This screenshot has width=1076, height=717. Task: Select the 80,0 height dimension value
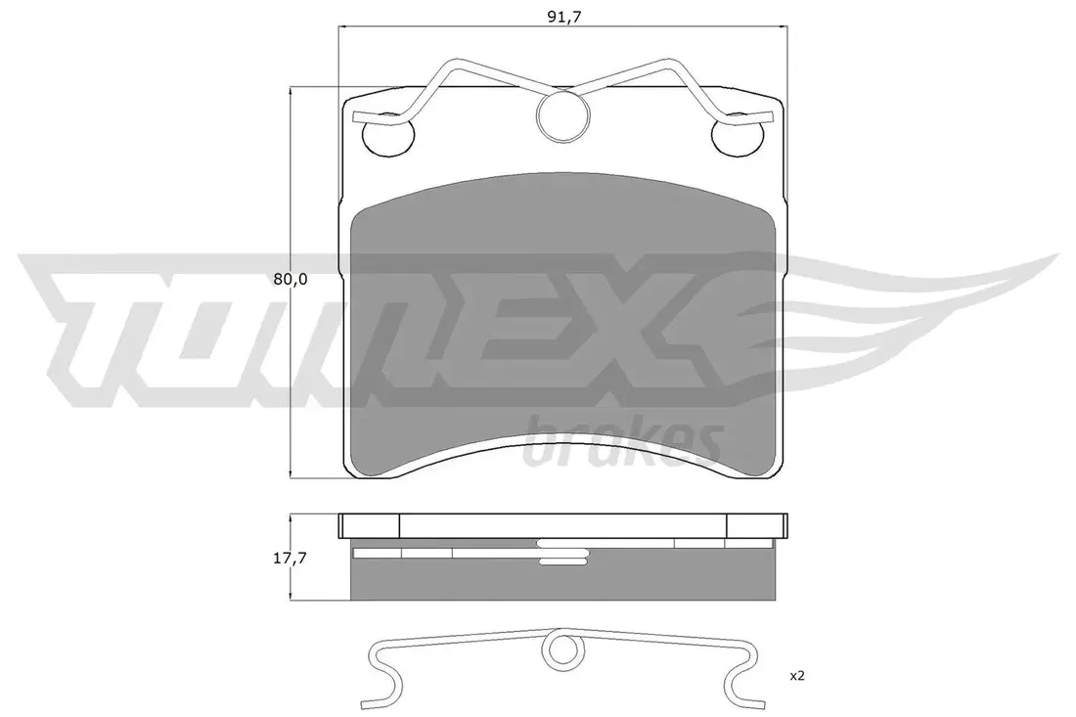tap(290, 279)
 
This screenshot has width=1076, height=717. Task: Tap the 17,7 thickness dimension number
tap(290, 559)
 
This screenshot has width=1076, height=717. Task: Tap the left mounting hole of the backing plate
tap(388, 134)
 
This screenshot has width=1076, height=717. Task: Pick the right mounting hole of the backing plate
tap(739, 134)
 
